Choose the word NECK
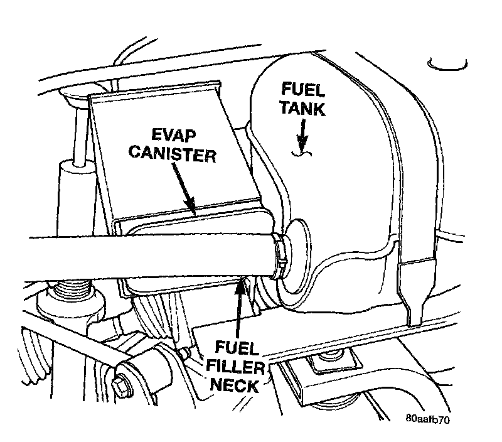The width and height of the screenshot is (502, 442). [236, 384]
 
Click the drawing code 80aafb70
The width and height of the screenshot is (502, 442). [431, 418]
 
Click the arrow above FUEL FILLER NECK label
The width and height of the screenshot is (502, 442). [240, 308]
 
